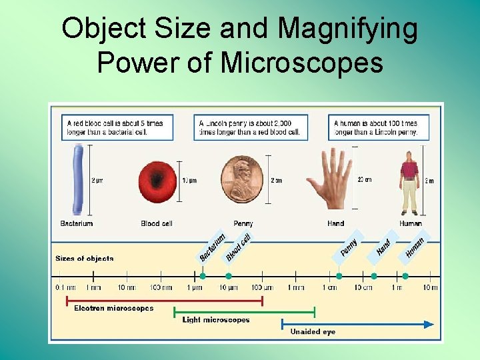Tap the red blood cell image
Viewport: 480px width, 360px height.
coord(157,181)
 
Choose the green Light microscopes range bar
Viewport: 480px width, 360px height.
coord(244,311)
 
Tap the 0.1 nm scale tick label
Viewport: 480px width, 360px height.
coord(65,287)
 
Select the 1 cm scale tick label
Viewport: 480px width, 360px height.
coord(329,287)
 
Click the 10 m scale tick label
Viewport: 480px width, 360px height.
coord(430,287)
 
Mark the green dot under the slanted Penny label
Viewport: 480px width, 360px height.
coord(339,275)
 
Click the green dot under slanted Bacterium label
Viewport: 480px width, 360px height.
coord(203,275)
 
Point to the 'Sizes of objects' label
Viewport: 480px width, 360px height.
coord(85,259)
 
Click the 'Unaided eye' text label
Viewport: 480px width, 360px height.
coord(313,331)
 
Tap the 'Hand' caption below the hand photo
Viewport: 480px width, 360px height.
coord(336,224)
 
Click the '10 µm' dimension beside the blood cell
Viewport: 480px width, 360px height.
coord(189,181)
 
